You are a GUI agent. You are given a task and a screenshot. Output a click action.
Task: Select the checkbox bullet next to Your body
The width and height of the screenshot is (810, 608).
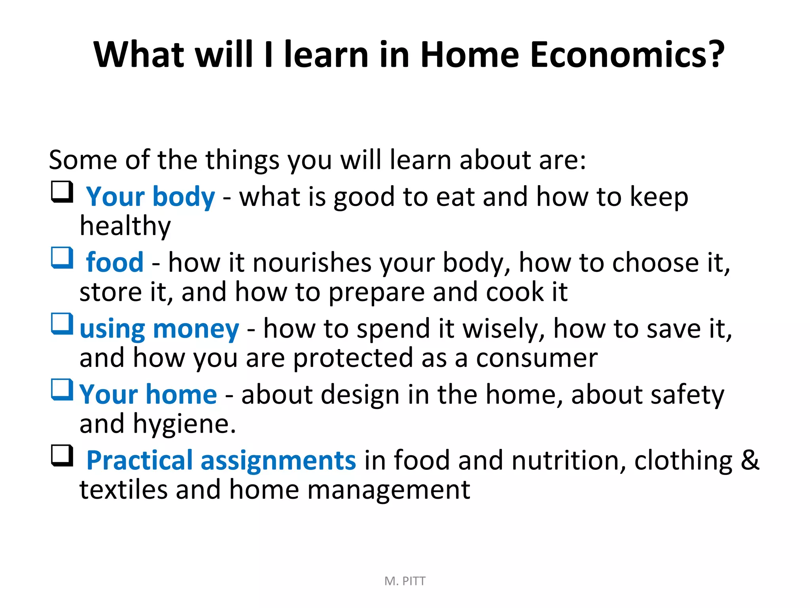62,192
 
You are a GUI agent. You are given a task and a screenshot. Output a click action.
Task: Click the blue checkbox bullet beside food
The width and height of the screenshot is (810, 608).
62,258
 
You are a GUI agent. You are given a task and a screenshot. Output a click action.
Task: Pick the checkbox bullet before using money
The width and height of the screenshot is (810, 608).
62,324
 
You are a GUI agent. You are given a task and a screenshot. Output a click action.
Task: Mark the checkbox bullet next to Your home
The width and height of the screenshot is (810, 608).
62,390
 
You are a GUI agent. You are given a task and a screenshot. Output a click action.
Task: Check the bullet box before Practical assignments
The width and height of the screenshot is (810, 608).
62,456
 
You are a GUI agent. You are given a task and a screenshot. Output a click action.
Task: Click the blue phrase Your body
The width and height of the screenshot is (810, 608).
151,197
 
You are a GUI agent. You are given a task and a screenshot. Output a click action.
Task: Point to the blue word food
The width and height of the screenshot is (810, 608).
115,262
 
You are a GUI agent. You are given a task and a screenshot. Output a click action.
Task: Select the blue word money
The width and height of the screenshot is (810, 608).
196,329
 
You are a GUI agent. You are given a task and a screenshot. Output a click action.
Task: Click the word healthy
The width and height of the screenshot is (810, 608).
125,226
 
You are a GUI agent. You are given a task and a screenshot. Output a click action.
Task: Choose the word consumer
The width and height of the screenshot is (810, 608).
537,358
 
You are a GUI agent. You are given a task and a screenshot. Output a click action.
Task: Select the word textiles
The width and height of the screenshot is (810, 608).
123,490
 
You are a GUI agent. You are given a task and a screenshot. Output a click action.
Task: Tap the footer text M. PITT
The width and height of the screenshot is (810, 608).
405,581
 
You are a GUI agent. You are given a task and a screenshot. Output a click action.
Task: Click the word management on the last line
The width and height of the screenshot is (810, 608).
389,490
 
